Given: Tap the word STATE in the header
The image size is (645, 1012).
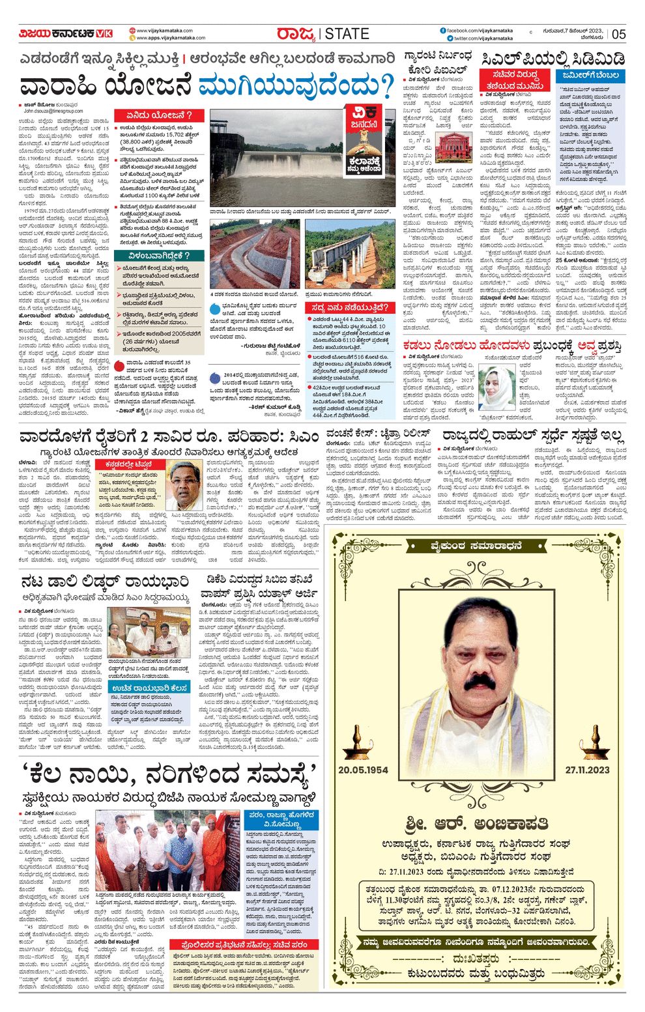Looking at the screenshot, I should click(347, 34).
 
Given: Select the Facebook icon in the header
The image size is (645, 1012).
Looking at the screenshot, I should click(443, 30).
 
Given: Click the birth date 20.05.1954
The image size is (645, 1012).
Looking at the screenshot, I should click(363, 770).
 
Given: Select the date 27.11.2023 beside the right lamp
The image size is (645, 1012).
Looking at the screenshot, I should click(587, 770).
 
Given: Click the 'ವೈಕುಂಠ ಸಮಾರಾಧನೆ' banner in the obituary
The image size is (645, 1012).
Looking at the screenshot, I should click(476, 546).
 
